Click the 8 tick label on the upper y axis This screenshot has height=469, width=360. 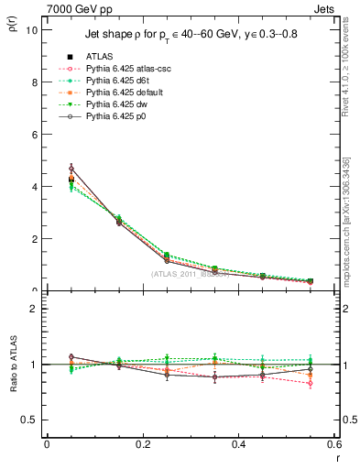click(x=35, y=82)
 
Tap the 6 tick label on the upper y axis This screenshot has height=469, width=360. click(x=35, y=134)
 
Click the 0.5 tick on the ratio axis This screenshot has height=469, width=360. click(x=31, y=420)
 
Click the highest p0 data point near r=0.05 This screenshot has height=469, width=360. click(x=71, y=168)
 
